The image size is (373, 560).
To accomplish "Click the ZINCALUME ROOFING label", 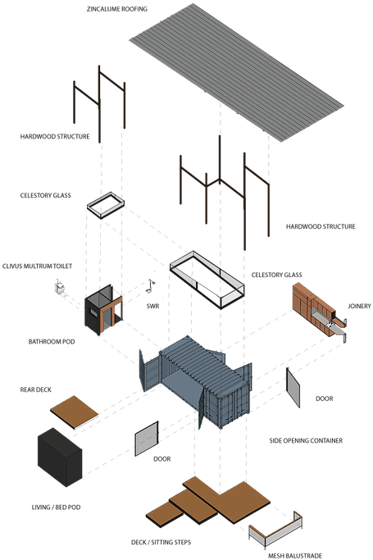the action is tap(117, 9).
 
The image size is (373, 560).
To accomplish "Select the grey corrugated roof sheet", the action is tap(236, 72).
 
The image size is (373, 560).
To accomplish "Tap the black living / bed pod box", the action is tap(60, 457).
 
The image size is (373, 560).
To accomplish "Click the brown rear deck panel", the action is tap(75, 412).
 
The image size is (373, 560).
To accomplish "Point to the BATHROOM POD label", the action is tap(52, 342).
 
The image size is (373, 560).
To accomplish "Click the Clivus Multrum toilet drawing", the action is tap(59, 288).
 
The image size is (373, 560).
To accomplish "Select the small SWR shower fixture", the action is tap(151, 285).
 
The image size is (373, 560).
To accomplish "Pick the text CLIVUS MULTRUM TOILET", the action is tap(37, 266).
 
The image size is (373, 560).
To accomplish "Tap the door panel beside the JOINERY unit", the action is tap(293, 388).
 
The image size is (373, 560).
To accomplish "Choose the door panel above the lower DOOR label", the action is tap(147, 439).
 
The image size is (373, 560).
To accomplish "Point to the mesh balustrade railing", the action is tap(275, 530).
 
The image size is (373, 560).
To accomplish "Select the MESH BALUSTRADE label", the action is tap(295, 556).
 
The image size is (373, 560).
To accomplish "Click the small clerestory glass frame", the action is tap(106, 205).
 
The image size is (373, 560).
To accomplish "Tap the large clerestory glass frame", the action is tap(207, 280).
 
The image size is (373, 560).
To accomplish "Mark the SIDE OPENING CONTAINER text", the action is tap(306, 441).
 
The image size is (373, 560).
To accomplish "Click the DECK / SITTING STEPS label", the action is tap(161, 542).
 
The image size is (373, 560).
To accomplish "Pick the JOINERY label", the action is tap(359, 306).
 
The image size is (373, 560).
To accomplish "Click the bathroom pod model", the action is tap(103, 310).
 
